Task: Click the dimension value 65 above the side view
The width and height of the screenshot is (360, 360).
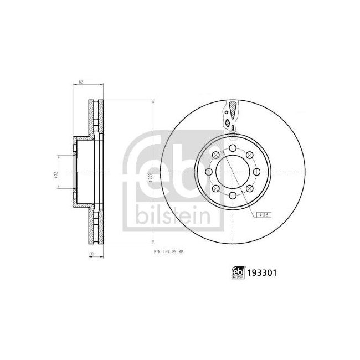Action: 81,82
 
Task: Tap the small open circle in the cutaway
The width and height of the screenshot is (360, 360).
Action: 233,128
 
